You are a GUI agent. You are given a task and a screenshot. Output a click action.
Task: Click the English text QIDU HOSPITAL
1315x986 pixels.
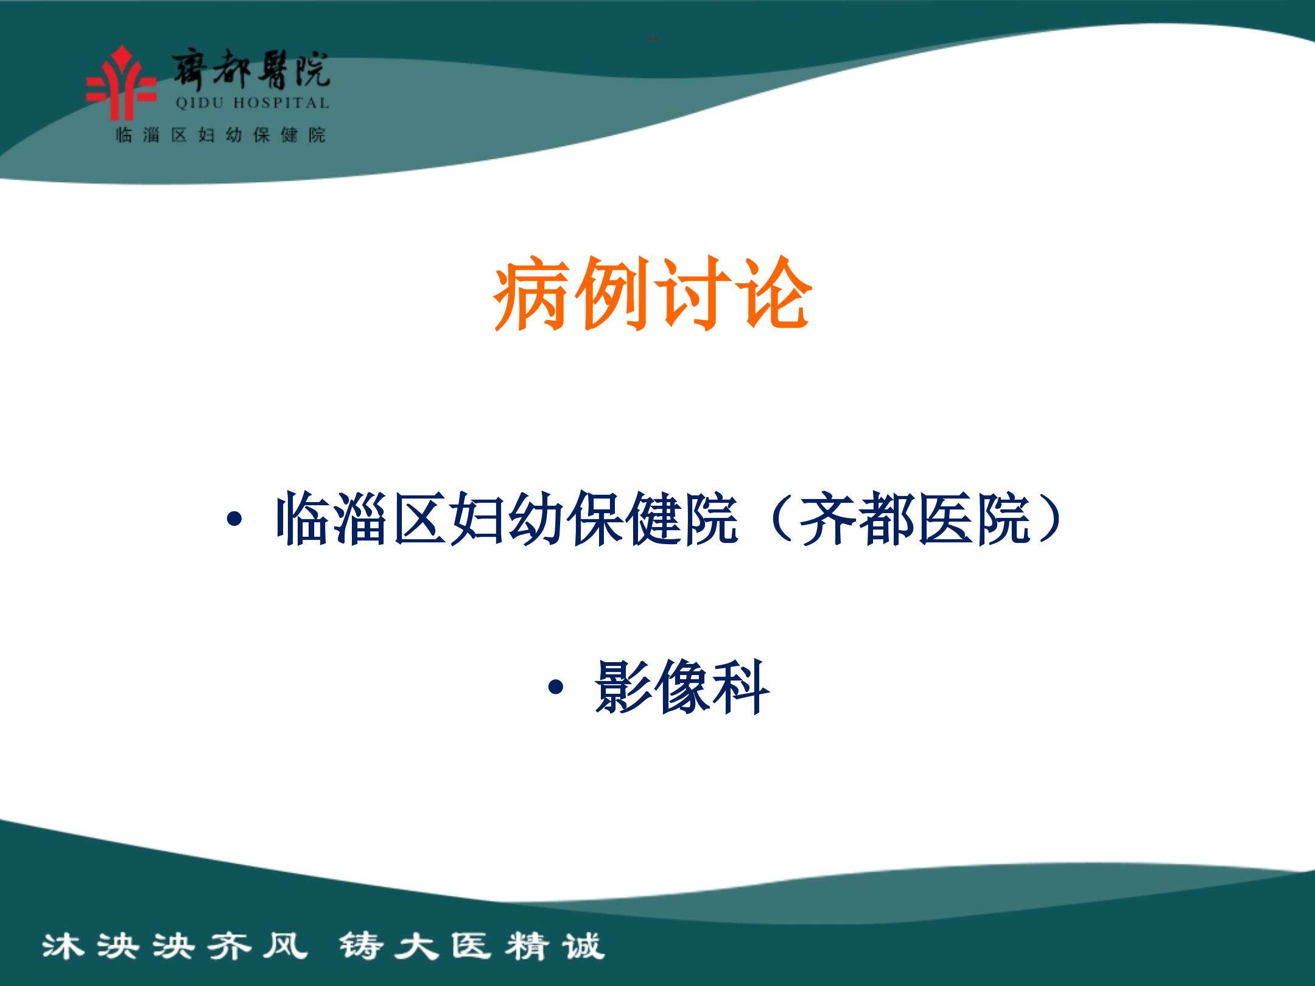pos(252,103)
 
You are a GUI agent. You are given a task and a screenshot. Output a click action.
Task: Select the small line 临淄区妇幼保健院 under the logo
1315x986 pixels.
pos(221,135)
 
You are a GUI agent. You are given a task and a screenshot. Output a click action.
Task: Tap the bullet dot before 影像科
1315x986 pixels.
pos(555,688)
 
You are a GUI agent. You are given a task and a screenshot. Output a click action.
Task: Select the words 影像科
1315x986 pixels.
pos(682,688)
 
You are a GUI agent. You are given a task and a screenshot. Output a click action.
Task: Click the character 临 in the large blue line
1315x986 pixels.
pos(304,520)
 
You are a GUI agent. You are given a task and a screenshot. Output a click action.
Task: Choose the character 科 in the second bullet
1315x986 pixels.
pos(741,688)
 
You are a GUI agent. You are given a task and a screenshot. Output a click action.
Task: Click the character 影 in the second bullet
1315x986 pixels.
pos(623,688)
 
